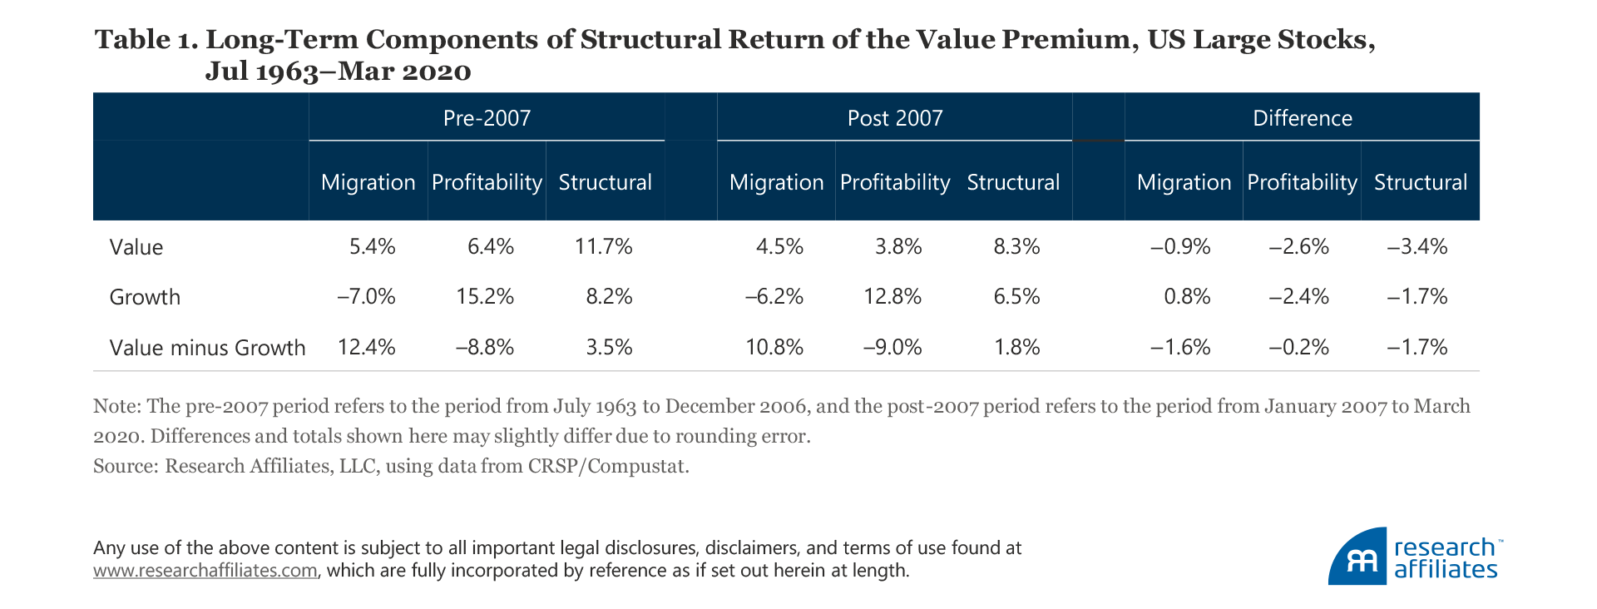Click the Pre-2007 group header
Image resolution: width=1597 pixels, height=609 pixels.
click(487, 118)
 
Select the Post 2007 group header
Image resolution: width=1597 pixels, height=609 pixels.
click(895, 118)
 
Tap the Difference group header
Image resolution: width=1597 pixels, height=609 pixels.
click(1302, 118)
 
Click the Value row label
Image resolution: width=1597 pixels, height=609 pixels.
click(136, 247)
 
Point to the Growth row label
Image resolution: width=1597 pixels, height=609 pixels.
click(145, 297)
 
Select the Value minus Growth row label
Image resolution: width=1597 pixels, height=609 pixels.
click(207, 348)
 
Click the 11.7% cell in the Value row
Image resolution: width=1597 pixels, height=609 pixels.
click(603, 247)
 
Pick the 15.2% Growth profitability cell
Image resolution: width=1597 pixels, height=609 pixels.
click(485, 297)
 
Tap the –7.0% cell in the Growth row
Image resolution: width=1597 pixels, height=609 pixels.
click(366, 297)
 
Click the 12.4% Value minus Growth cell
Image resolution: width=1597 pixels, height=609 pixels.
click(366, 348)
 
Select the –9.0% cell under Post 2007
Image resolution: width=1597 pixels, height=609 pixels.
click(892, 348)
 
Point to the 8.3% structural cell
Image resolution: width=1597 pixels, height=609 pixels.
click(1016, 247)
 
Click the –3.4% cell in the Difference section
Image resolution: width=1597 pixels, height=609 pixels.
click(1417, 247)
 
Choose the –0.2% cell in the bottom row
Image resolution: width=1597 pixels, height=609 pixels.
click(1298, 348)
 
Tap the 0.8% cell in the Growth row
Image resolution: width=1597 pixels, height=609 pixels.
click(1187, 297)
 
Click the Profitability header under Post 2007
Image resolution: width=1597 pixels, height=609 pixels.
click(895, 183)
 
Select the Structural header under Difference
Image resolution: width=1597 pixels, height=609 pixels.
click(1420, 183)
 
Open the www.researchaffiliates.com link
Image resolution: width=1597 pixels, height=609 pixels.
click(205, 571)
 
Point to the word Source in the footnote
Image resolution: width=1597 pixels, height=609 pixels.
click(123, 466)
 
